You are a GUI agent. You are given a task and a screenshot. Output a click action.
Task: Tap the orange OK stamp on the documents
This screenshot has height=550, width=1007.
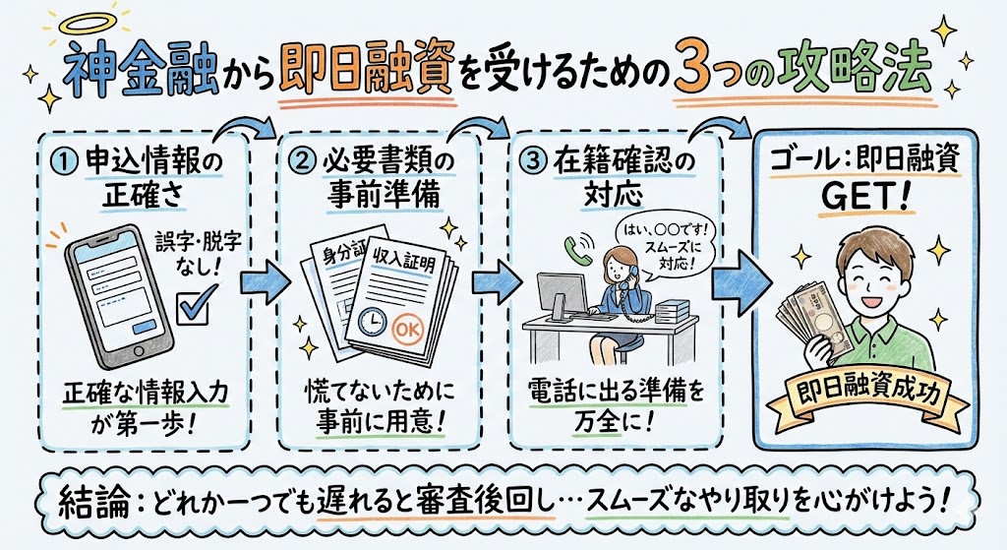(x=409, y=329)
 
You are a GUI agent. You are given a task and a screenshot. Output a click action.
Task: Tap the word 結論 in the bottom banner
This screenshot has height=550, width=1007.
(x=96, y=501)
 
